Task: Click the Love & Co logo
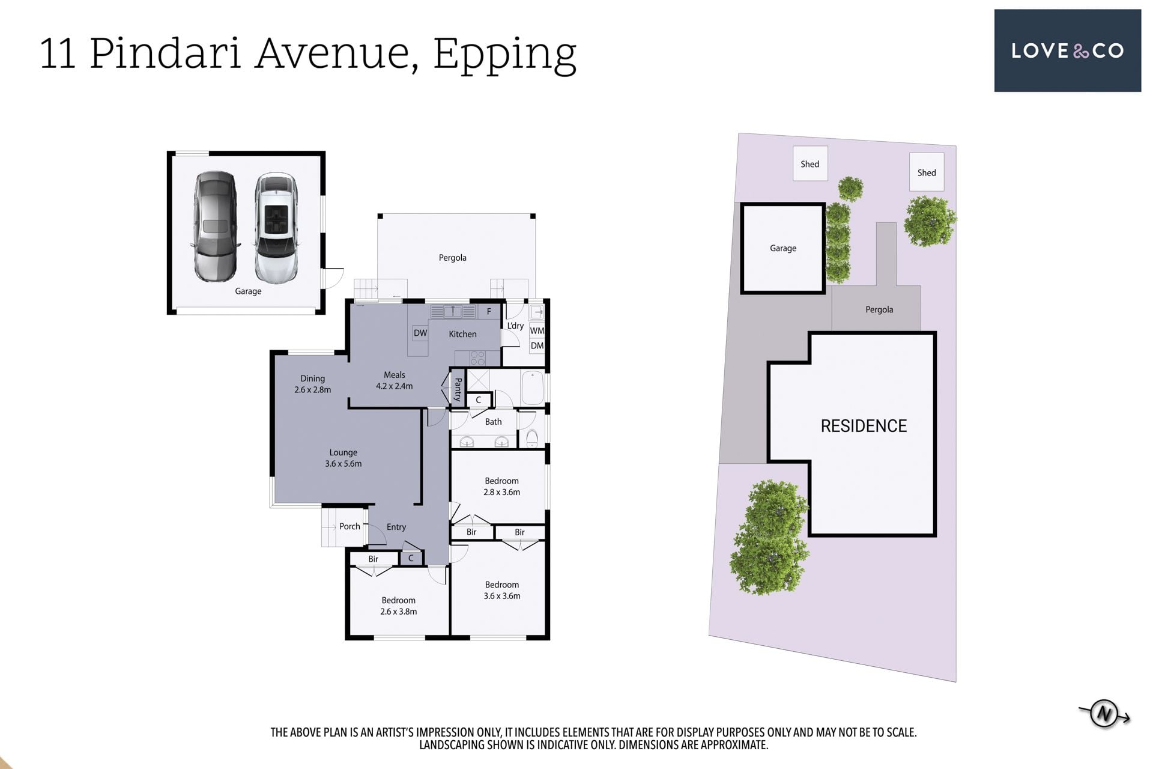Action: pyautogui.click(x=1067, y=50)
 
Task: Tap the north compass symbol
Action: pyautogui.click(x=1104, y=714)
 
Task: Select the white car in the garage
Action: pyautogui.click(x=276, y=228)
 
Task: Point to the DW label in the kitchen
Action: pyautogui.click(x=420, y=333)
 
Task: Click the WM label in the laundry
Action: pyautogui.click(x=537, y=330)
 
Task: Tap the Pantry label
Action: pyautogui.click(x=458, y=389)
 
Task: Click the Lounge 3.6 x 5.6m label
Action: pyautogui.click(x=343, y=458)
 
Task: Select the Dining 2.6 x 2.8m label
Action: pyautogui.click(x=312, y=384)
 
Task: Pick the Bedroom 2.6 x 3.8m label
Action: pyautogui.click(x=398, y=606)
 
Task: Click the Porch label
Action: pyautogui.click(x=350, y=526)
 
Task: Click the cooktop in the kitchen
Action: pyautogui.click(x=477, y=359)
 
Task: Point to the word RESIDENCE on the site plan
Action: pyautogui.click(x=864, y=426)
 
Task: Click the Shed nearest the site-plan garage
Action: pyautogui.click(x=810, y=164)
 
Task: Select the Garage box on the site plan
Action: pyautogui.click(x=783, y=248)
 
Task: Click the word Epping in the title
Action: pyautogui.click(x=504, y=55)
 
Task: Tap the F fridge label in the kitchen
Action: pyautogui.click(x=489, y=311)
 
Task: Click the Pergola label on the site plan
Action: pyautogui.click(x=879, y=309)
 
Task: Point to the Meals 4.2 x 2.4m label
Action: pyautogui.click(x=394, y=380)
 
